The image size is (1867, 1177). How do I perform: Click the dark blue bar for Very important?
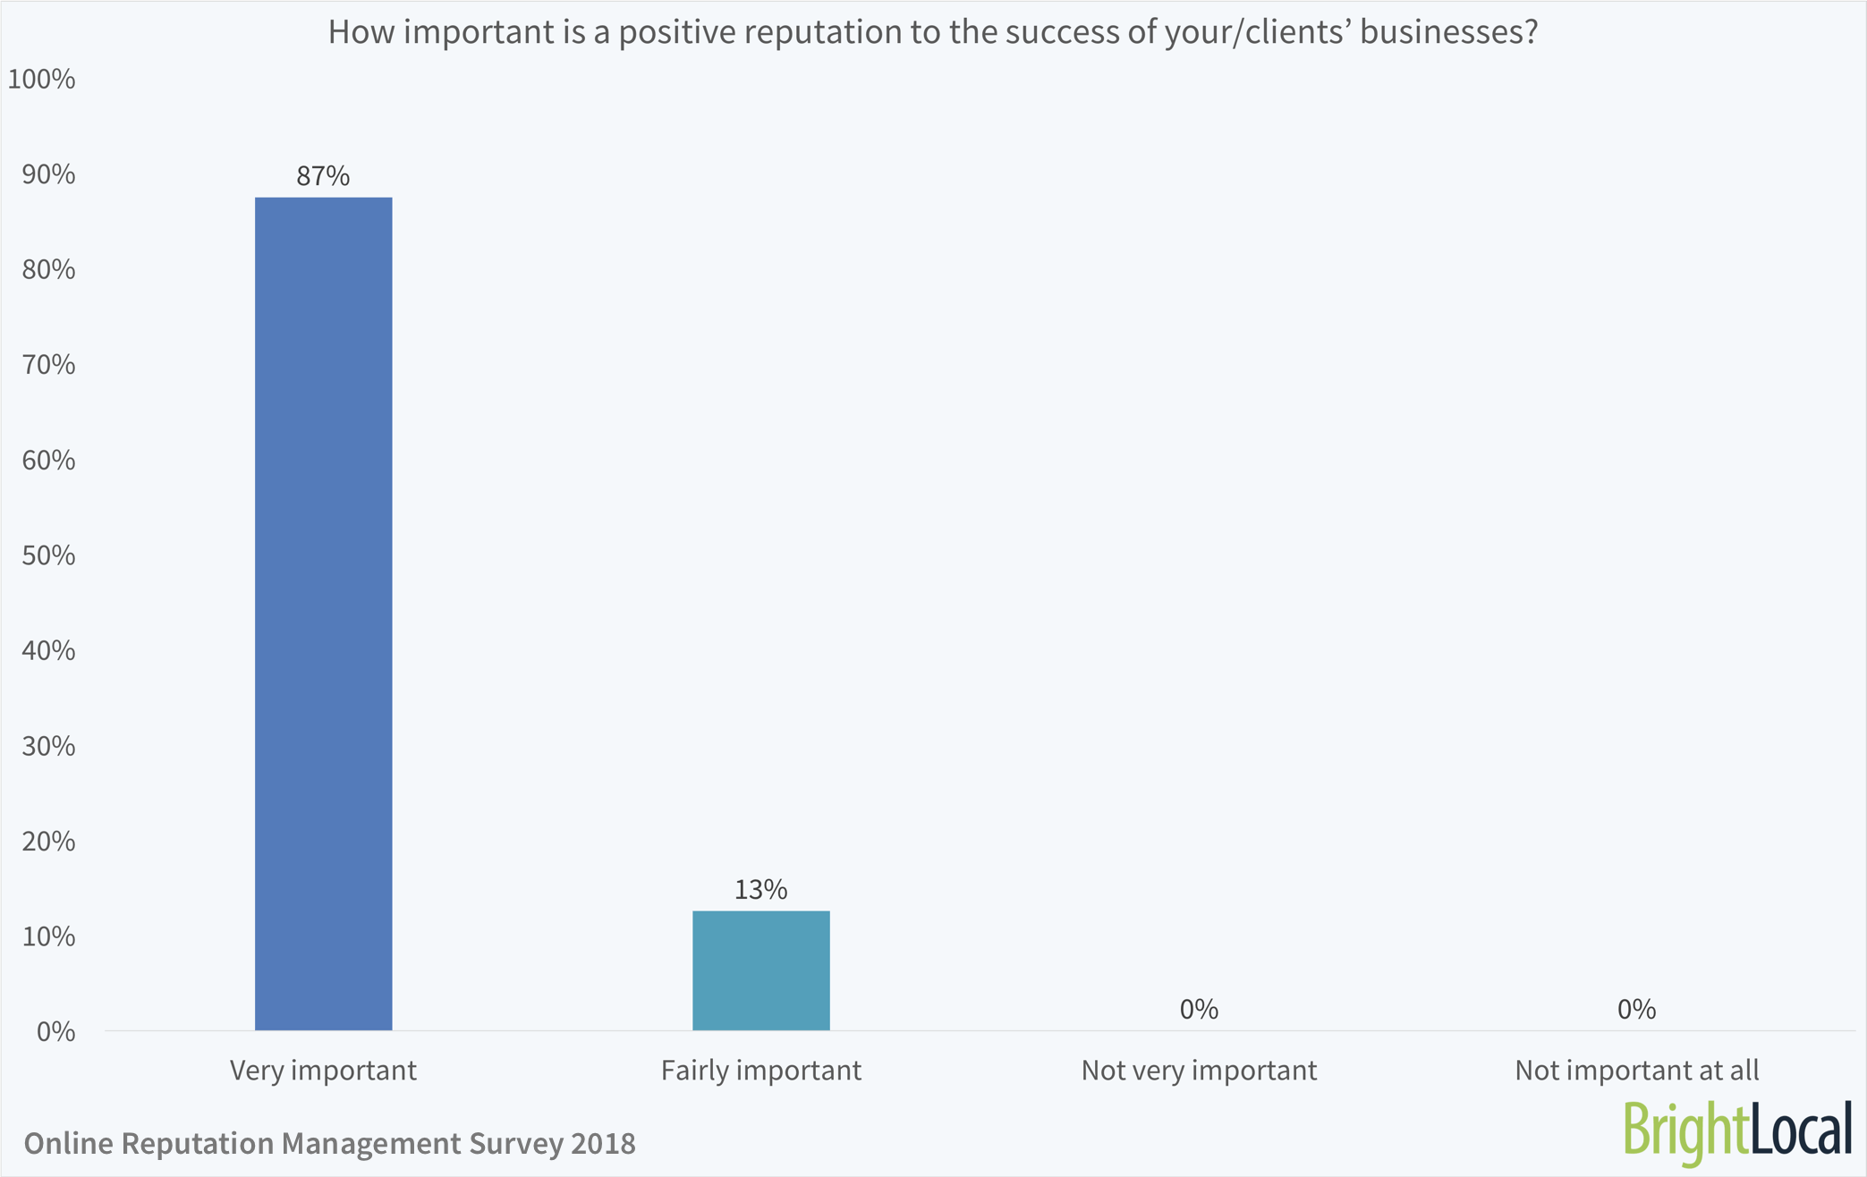click(x=323, y=614)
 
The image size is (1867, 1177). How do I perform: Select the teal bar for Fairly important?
click(x=760, y=970)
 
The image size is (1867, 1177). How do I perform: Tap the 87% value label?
click(x=323, y=176)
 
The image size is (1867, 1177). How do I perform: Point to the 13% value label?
click(x=760, y=890)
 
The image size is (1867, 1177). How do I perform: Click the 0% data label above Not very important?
click(x=1199, y=1010)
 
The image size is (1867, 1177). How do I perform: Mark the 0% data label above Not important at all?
click(x=1636, y=1010)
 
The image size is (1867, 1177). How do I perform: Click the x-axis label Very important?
click(x=323, y=1071)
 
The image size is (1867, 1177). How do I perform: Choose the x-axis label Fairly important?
click(x=760, y=1071)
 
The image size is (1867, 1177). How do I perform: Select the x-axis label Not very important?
click(x=1199, y=1071)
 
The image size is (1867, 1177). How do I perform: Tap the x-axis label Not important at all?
click(x=1636, y=1071)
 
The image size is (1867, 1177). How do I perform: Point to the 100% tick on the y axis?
click(x=41, y=80)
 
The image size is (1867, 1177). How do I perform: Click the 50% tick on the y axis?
click(x=48, y=555)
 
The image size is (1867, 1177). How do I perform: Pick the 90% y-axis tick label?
click(x=48, y=174)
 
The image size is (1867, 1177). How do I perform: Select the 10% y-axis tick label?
click(x=48, y=936)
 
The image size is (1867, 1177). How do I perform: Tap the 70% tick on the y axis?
click(x=48, y=365)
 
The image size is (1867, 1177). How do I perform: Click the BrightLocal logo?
click(x=1736, y=1130)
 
